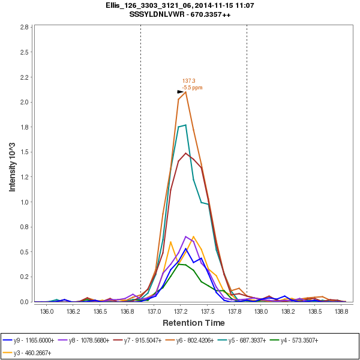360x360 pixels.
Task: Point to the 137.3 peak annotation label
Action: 189,81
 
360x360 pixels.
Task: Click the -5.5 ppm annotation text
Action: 192,88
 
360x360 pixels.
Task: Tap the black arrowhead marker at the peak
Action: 181,92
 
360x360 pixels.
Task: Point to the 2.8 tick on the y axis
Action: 24,28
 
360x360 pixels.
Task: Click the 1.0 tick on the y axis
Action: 24,202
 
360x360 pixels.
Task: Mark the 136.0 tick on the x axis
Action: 47,311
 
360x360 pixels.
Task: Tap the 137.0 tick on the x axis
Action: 155,311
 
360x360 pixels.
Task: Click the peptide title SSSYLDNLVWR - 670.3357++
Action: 179,14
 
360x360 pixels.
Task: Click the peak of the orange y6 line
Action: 185,91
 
